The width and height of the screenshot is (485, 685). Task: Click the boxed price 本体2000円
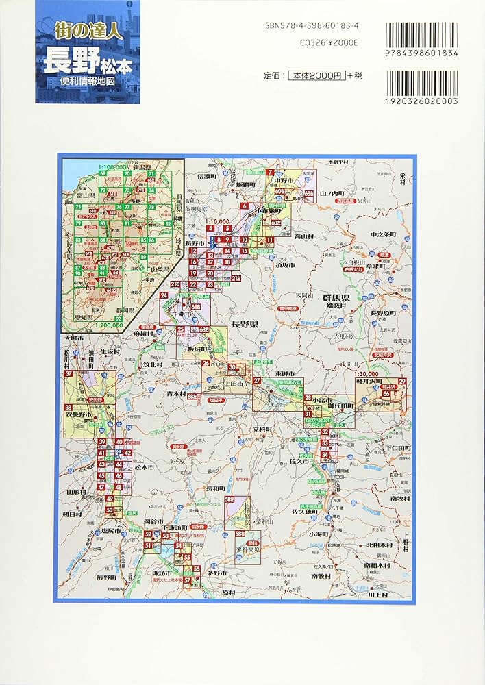(316, 75)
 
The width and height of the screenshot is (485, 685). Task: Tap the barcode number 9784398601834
(422, 53)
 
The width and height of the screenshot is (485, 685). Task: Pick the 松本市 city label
(142, 468)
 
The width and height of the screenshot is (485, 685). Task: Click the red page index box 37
(69, 374)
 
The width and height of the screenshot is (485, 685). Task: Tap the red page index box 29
(403, 381)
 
